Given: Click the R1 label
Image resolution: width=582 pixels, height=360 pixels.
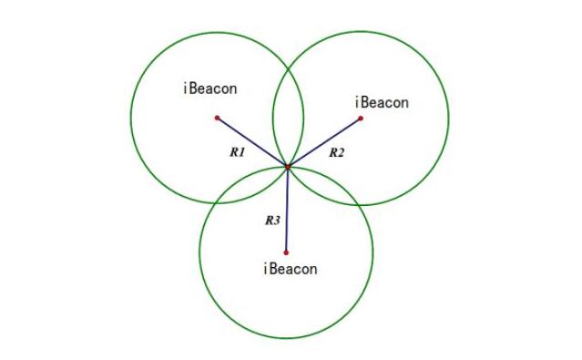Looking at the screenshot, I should (x=237, y=153).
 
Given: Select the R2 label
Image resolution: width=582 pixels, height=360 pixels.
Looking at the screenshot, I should (x=337, y=152).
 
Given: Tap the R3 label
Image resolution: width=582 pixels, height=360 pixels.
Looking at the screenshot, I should (x=271, y=220).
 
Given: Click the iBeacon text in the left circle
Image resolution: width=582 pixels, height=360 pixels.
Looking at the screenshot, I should (x=209, y=89).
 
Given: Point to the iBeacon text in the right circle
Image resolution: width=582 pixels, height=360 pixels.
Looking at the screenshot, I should (x=382, y=102).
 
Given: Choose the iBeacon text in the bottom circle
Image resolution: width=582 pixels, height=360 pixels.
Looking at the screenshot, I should (x=290, y=269).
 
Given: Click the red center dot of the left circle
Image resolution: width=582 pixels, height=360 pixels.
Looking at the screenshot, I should (x=217, y=118).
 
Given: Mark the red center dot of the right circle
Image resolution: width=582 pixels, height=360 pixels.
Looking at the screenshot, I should (x=361, y=118).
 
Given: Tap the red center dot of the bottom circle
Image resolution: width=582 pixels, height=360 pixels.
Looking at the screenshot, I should (x=286, y=252).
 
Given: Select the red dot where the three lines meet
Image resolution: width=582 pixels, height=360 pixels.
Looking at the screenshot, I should (x=288, y=167).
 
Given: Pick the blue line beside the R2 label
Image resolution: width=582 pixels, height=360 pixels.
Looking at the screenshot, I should (x=324, y=142).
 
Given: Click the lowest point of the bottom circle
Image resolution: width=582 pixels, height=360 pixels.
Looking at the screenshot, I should (x=286, y=339).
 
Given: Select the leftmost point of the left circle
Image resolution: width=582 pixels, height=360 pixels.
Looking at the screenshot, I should (x=131, y=118).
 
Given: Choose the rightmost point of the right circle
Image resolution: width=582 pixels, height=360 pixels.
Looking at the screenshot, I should (x=448, y=118).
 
